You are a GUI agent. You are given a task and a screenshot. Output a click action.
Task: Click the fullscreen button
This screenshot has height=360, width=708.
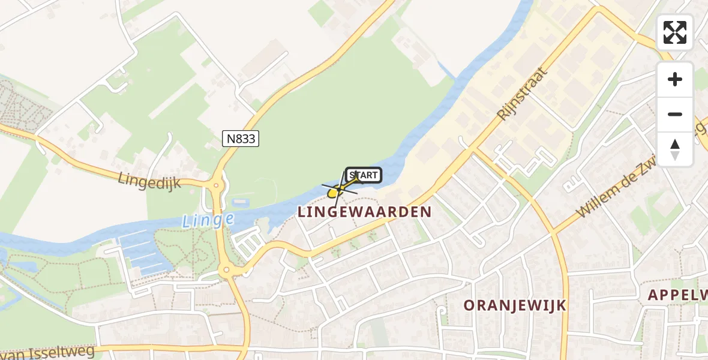(x=675, y=32)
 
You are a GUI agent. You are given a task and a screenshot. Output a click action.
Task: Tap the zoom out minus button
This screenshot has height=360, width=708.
(x=675, y=114)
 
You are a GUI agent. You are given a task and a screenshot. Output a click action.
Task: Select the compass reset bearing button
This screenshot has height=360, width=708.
(x=675, y=149)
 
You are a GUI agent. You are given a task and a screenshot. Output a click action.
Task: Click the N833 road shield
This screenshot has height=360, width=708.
(x=241, y=139)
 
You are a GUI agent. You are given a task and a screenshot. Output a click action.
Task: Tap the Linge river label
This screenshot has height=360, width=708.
(x=208, y=220)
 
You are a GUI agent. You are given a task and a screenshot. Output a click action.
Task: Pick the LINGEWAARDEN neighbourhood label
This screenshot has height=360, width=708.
(x=365, y=212)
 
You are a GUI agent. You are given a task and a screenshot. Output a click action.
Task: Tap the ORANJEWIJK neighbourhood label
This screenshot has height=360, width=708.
(x=515, y=305)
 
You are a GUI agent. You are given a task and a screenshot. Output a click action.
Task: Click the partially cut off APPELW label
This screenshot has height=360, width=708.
(x=678, y=295)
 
